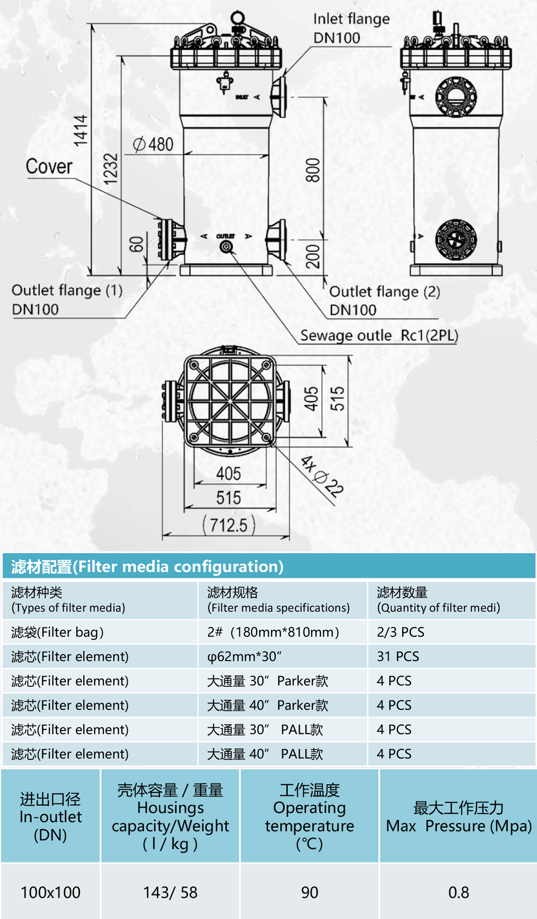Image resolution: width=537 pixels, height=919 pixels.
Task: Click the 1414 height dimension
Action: click(81, 130)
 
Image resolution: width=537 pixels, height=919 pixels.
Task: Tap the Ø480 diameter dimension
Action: click(153, 144)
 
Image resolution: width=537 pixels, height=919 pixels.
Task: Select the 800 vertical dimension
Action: click(313, 170)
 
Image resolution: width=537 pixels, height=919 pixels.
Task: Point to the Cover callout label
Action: click(49, 166)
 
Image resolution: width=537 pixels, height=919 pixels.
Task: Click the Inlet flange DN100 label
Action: click(351, 28)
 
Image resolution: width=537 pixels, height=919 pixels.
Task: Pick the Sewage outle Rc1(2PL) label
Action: click(379, 335)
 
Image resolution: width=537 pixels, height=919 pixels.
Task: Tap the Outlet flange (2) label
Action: click(384, 301)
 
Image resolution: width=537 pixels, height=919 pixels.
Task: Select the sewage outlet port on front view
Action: click(227, 246)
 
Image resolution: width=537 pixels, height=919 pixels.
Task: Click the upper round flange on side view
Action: click(456, 97)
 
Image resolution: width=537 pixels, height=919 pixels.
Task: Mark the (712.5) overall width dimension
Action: click(229, 524)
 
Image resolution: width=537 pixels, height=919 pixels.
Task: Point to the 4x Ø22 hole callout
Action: click(322, 476)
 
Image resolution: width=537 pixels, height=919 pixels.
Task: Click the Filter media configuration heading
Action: click(147, 566)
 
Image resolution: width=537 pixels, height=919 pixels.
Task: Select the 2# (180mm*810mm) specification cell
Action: click(273, 632)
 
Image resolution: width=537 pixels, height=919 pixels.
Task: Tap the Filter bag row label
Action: click(57, 632)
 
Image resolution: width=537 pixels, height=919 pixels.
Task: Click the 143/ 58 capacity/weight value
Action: click(170, 892)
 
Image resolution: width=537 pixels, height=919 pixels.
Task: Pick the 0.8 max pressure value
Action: click(458, 892)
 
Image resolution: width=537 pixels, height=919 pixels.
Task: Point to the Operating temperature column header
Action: click(309, 816)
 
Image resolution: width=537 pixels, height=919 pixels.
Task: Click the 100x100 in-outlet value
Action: click(50, 892)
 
